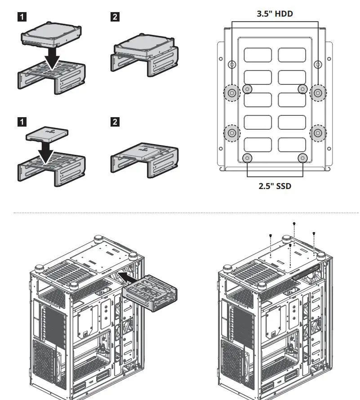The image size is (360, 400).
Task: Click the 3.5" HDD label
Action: [275, 14]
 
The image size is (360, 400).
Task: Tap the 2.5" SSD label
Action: [275, 185]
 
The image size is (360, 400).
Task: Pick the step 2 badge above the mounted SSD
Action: [115, 122]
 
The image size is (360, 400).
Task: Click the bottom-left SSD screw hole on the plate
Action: [247, 158]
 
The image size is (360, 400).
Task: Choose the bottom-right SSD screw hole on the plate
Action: [302, 158]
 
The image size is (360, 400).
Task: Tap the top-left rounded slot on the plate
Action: [258, 55]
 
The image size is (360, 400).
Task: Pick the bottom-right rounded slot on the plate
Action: [292, 144]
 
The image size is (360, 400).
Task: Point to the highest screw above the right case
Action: [294, 224]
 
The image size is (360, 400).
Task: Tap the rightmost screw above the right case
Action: [314, 233]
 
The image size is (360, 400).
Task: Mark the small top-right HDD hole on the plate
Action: [318, 65]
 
